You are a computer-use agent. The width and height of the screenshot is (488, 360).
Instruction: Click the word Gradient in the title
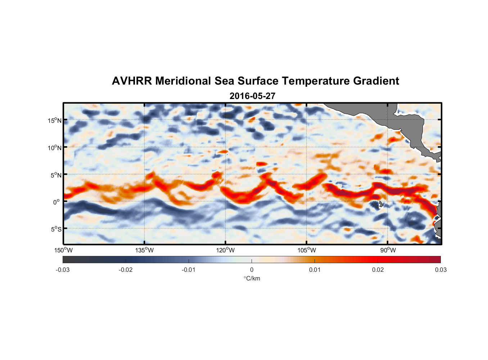376,81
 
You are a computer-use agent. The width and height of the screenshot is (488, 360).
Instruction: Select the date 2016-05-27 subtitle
252,96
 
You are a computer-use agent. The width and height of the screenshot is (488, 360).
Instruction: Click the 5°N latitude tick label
56,175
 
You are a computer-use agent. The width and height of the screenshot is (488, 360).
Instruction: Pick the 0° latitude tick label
57,202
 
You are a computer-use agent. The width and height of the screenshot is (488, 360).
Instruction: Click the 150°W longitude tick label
63,250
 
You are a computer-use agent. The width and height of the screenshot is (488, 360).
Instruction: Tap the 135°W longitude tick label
144,250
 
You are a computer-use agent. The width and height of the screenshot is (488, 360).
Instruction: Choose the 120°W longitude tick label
225,250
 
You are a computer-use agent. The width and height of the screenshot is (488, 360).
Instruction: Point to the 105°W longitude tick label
307,250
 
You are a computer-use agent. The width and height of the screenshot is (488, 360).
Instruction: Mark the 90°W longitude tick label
388,250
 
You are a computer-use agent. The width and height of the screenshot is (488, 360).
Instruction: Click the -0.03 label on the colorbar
63,270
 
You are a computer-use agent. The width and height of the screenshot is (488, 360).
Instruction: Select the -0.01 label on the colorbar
189,270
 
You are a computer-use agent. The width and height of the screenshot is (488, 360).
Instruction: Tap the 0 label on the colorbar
252,270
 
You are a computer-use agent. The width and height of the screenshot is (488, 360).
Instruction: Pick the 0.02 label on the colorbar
378,270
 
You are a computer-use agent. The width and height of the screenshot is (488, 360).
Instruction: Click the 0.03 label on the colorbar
440,270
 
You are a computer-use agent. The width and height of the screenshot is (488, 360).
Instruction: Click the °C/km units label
252,278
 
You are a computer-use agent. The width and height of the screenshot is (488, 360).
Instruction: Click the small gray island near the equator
381,204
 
